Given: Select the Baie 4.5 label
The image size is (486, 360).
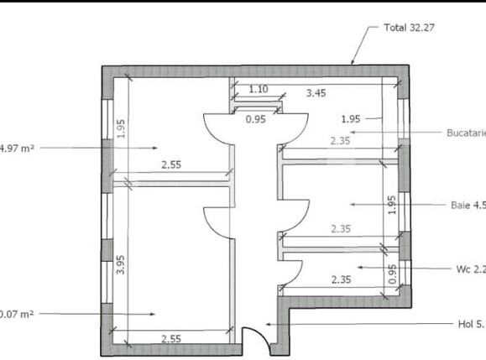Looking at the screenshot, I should coord(467,204).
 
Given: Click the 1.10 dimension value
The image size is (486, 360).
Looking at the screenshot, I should coord(258,89).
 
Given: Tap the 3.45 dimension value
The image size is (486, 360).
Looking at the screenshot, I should coord(316,93).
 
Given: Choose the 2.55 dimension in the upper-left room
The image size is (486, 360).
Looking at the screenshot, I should coord(170,165).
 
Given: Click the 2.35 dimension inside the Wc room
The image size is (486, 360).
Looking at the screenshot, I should coord(341,279).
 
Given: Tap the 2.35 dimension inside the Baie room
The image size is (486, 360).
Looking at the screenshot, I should coord(341,228).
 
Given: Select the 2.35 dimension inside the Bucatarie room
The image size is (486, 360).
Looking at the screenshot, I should coord(341,141).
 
